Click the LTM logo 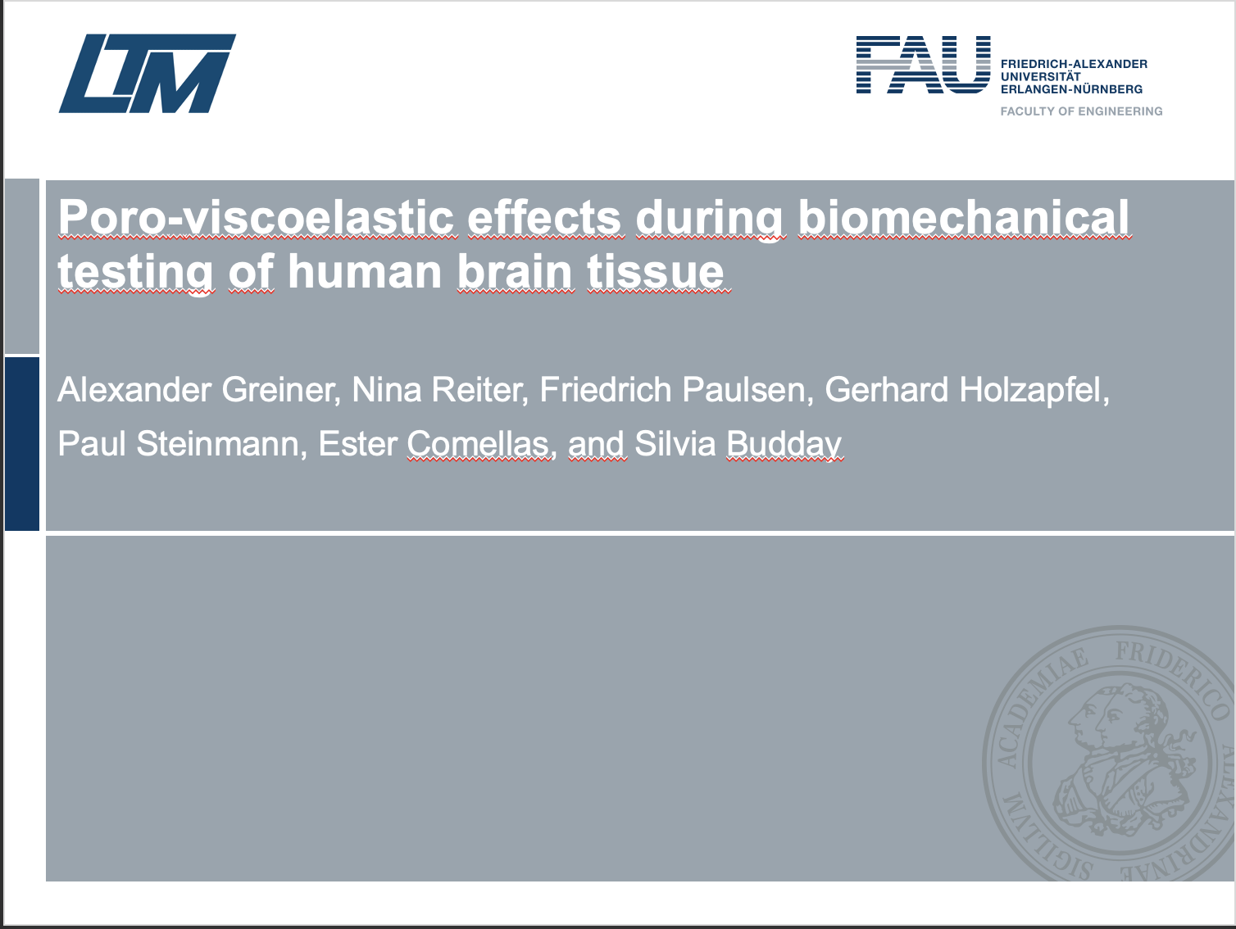[148, 73]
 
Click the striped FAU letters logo [924, 65]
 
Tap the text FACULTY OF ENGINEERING [1081, 111]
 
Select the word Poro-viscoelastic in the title [257, 217]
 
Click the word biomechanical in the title [963, 217]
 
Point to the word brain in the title [516, 272]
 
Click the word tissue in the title [656, 272]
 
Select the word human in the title [364, 272]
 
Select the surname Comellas [478, 444]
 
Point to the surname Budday [784, 445]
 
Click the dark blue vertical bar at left [22, 444]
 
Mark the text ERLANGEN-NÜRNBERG [1071, 89]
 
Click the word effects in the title [544, 217]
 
